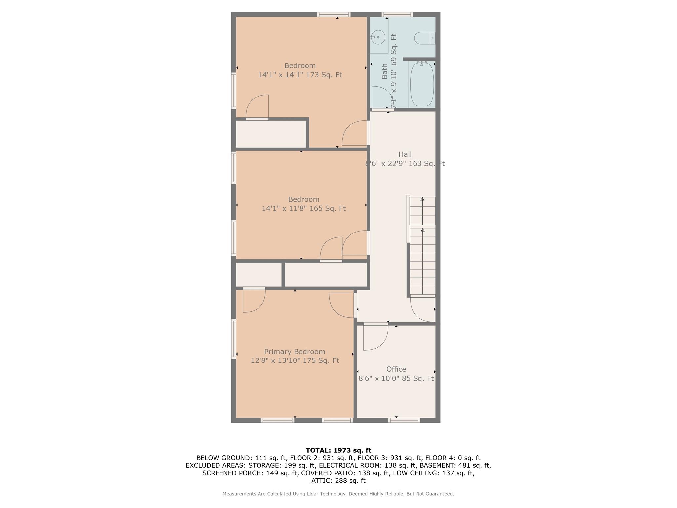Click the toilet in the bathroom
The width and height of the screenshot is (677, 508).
[x=424, y=38]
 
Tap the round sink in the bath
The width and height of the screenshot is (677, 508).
[x=378, y=37]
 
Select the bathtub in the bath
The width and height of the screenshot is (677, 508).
[x=422, y=84]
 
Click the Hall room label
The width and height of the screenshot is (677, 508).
[x=405, y=154]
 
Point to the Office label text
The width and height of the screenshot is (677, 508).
[x=396, y=369]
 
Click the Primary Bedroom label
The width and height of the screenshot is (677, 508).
[x=295, y=352]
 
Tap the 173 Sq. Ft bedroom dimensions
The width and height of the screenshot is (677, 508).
[x=300, y=75]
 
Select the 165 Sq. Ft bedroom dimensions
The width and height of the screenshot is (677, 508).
[x=303, y=209]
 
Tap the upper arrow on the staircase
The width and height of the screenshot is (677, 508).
[x=422, y=199]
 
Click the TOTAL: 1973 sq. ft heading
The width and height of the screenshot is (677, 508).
[x=338, y=450]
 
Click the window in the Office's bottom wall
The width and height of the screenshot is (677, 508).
[x=404, y=420]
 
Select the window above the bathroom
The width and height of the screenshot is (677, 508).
[x=397, y=14]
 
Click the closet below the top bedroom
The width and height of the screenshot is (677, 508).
[x=271, y=134]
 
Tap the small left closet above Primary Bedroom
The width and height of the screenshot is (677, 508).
[x=259, y=275]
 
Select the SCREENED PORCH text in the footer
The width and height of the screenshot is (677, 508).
[x=233, y=473]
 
